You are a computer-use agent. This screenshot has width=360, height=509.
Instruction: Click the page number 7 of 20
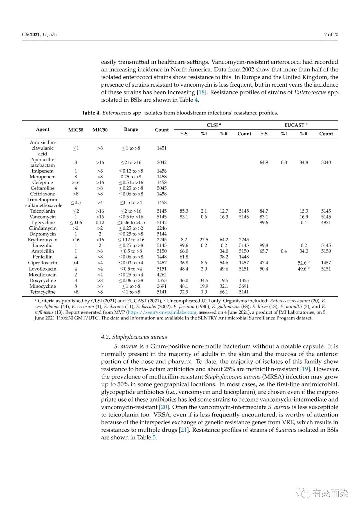point(331,34)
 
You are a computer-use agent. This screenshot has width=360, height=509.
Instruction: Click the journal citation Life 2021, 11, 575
point(39,34)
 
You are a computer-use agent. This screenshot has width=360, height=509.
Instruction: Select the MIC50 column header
point(76,130)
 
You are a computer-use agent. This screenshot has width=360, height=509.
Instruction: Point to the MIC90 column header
point(100,130)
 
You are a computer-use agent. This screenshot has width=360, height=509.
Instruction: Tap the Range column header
point(131,129)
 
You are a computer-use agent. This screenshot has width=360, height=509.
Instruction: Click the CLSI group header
point(214,125)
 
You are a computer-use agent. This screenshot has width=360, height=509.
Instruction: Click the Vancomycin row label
point(42,217)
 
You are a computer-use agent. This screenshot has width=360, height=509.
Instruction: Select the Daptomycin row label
point(42,234)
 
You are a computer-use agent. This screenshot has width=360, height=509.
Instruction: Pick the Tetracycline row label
point(42,292)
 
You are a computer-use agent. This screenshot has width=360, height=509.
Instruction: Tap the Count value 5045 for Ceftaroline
point(162,188)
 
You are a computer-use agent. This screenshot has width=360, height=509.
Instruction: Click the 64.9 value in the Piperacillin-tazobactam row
point(264,162)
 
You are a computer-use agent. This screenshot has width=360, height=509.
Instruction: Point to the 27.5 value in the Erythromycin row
point(204,240)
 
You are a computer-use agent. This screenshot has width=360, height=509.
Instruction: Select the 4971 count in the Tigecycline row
point(326,222)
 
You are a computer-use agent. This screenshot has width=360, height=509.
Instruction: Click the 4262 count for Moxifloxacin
point(162,275)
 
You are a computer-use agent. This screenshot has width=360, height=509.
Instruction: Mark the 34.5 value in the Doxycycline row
point(204,280)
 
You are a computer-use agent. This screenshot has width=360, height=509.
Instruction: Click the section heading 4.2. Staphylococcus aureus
point(134,337)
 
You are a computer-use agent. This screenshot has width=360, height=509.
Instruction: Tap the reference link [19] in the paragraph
point(305,369)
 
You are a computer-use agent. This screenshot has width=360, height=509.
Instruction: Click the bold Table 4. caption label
point(91,113)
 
